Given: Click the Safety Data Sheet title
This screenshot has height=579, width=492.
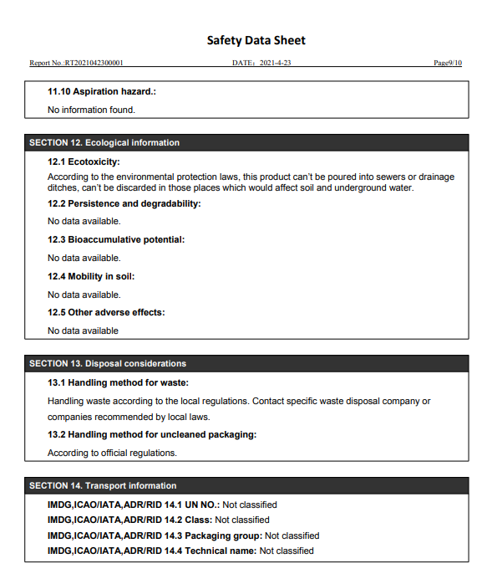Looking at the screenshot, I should point(256,40).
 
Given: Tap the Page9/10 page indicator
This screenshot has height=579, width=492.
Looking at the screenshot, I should point(448,63).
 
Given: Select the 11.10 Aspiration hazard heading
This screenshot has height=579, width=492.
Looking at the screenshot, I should point(102,91).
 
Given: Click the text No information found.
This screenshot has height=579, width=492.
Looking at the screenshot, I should point(91,110).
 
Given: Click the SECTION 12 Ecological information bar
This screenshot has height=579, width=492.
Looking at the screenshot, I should point(104,143).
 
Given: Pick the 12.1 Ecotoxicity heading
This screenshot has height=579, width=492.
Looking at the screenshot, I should point(84,161).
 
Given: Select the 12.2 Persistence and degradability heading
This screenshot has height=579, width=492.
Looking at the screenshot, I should point(124,203).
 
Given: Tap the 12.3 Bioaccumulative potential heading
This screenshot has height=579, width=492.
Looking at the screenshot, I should point(116,239).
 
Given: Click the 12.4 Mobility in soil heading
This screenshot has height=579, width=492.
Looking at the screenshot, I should point(91,276).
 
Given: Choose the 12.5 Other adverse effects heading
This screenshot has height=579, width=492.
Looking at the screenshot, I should point(106,312).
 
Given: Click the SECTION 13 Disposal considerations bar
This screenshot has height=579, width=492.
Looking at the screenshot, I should point(108,364).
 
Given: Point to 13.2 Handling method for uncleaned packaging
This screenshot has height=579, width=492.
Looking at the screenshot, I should point(152,434).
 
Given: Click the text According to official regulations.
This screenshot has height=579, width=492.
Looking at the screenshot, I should point(112,453).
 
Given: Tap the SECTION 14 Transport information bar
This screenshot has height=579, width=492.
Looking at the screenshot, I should point(103,486).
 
